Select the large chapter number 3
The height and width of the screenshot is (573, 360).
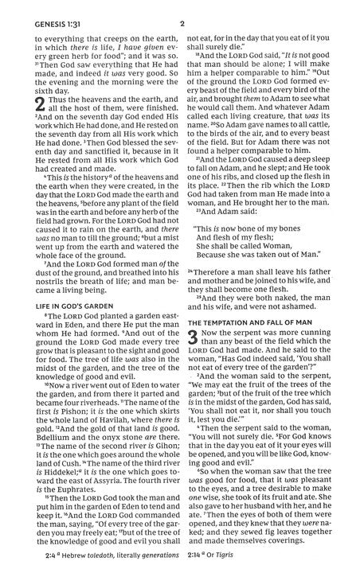tap(192, 337)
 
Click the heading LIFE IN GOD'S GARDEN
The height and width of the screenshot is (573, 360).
tap(68, 306)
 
